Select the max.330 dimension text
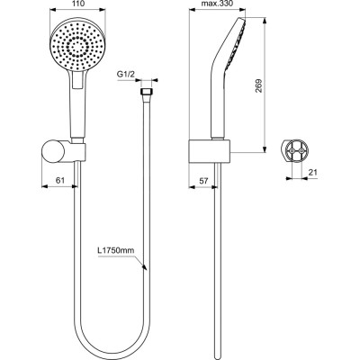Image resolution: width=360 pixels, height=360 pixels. pos(219,5)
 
